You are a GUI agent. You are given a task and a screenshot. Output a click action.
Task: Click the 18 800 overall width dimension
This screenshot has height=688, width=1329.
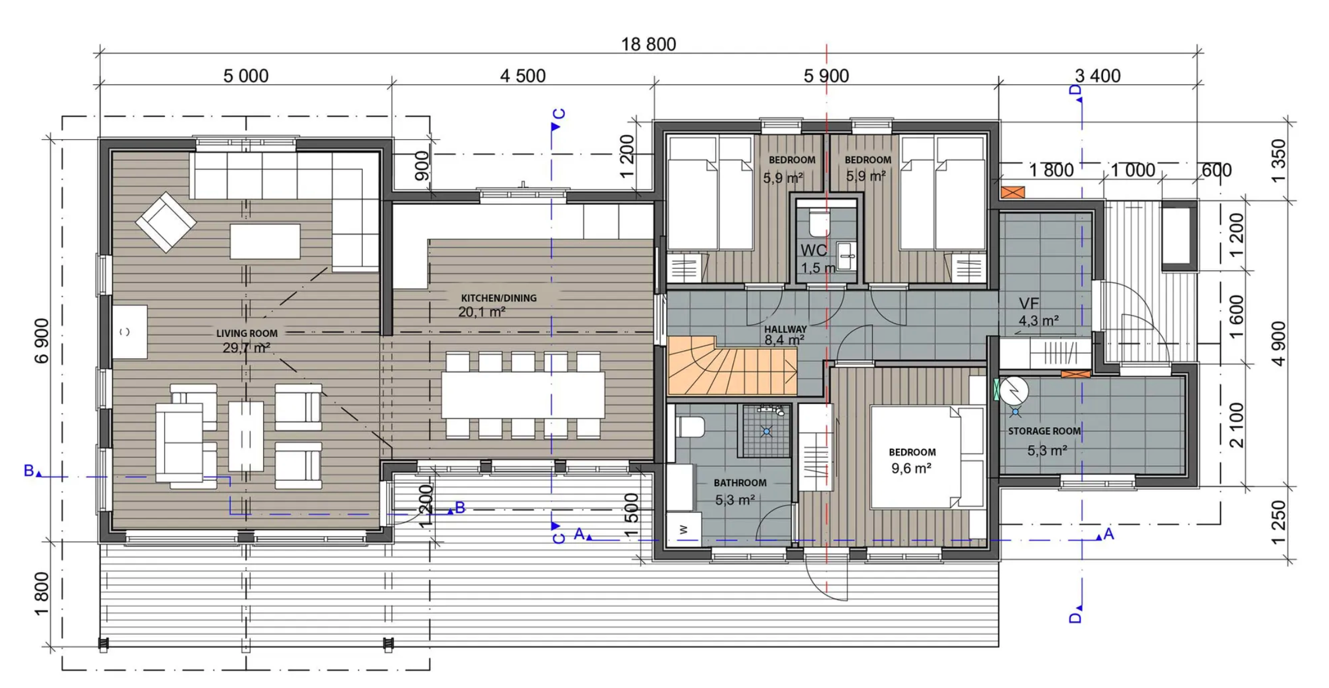click(648, 44)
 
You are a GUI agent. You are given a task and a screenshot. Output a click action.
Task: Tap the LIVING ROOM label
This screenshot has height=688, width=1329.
click(247, 334)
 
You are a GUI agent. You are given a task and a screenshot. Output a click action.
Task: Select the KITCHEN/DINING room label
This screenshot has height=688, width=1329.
click(499, 298)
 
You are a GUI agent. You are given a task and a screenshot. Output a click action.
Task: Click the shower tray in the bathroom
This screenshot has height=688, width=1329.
click(766, 431)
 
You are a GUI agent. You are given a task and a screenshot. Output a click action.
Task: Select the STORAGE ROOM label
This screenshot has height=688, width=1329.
click(1044, 431)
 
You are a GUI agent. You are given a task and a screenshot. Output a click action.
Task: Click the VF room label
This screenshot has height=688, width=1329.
click(1029, 303)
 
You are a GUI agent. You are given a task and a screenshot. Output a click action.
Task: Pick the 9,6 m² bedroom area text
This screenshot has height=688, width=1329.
click(911, 468)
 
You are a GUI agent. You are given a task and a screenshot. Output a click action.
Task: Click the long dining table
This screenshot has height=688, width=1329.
click(522, 395)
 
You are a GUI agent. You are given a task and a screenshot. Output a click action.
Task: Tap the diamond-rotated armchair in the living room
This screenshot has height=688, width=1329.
click(166, 222)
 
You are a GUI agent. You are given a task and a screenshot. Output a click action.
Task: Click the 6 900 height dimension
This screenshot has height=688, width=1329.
click(42, 341)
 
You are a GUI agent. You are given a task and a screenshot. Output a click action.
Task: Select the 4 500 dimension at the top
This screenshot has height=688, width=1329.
click(522, 76)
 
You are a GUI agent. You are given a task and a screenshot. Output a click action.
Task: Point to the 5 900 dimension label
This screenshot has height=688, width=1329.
click(826, 76)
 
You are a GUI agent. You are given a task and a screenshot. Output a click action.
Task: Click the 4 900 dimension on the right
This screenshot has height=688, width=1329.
click(1278, 343)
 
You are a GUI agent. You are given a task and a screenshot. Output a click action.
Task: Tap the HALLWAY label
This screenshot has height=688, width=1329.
click(786, 329)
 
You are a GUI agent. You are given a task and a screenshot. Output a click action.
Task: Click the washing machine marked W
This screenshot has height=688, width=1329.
click(684, 530)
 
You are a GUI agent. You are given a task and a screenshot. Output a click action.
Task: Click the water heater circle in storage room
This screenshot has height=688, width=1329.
click(1015, 391)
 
